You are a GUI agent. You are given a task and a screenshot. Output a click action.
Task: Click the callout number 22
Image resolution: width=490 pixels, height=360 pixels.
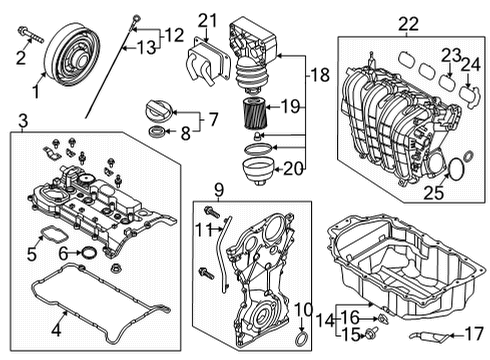click(408, 24)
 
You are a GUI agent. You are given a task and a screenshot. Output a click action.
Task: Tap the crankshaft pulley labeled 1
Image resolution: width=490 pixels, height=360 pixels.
click(72, 55)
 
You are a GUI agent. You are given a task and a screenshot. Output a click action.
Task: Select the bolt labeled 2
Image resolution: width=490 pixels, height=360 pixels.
click(31, 35)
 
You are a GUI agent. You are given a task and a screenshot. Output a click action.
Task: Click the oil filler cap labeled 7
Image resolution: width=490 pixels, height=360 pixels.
click(159, 109)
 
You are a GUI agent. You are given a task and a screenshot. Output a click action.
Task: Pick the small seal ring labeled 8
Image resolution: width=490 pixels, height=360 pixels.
click(156, 131)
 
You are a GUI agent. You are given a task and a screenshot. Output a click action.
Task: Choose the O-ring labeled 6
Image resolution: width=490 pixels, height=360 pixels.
click(89, 253)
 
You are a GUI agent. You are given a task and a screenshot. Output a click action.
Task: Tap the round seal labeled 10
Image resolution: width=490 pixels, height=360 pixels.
click(301, 339)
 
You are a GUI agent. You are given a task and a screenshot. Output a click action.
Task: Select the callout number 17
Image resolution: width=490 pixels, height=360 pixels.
click(474, 334)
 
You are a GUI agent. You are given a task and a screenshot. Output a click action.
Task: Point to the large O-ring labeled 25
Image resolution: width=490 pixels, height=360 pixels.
click(455, 170)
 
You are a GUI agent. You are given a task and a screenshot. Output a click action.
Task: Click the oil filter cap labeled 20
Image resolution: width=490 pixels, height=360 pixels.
click(258, 171)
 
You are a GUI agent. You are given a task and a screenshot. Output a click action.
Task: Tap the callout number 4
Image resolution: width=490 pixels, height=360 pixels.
click(57, 331)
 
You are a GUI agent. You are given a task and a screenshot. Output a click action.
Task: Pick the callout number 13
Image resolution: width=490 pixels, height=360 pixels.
click(147, 48)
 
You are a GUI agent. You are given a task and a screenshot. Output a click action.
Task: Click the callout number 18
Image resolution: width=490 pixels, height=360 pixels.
click(320, 75)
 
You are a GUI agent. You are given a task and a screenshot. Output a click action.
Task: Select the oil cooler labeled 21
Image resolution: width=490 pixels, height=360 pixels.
click(208, 63)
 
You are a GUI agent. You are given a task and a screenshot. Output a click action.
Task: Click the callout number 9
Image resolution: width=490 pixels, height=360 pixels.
click(219, 190)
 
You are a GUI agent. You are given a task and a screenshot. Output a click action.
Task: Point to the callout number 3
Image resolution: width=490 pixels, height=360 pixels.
click(23, 121)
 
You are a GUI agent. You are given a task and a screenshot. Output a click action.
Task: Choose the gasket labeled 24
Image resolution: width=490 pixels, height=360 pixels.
click(469, 96)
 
